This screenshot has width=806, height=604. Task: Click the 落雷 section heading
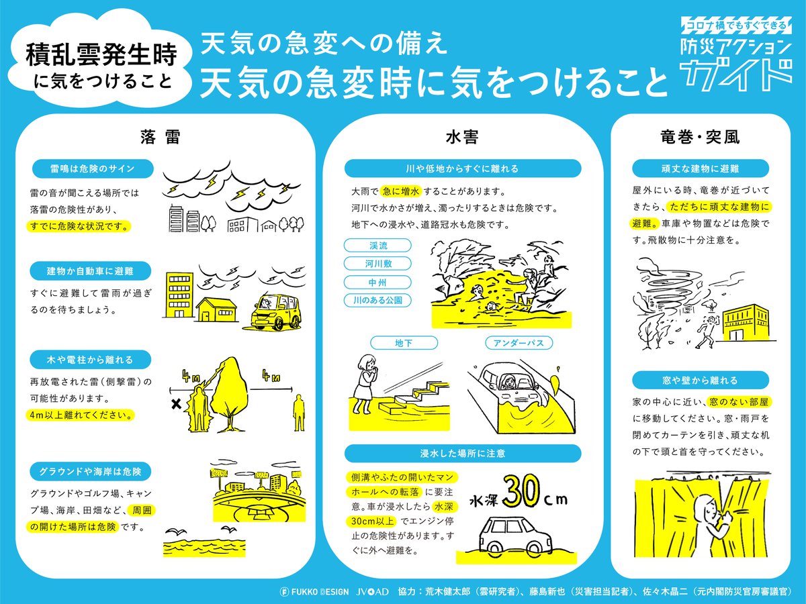click(160, 137)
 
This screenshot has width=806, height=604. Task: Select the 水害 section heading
click(462, 137)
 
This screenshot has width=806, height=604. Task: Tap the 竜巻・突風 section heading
click(700, 137)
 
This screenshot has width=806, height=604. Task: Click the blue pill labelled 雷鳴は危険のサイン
click(93, 168)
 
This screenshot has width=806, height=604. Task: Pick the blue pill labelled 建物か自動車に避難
click(90, 271)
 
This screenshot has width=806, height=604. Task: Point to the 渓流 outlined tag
click(377, 246)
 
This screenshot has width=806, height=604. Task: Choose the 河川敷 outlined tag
click(377, 263)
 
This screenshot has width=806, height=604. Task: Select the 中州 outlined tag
click(377, 282)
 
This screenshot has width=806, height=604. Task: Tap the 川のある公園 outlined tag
click(377, 300)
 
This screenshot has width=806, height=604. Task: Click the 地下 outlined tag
click(404, 343)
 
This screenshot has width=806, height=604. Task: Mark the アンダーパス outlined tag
click(519, 343)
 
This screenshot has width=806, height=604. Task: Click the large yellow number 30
click(521, 492)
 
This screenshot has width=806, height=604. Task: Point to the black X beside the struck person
click(176, 404)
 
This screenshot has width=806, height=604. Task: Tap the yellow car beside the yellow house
click(275, 313)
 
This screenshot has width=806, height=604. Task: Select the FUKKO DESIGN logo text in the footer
click(314, 591)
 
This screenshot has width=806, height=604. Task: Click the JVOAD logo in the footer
click(372, 591)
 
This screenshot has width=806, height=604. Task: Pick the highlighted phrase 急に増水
click(400, 191)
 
